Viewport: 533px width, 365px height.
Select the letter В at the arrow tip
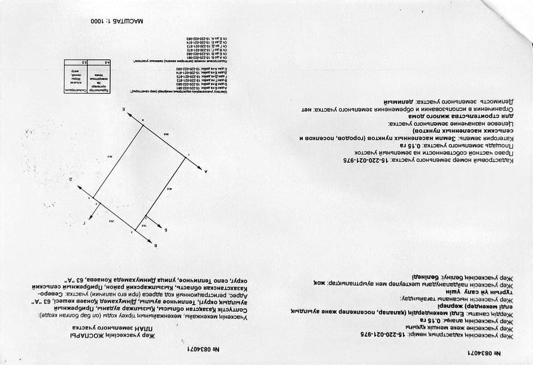[x=156, y=246]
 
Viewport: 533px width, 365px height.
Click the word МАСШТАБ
[x=131, y=22]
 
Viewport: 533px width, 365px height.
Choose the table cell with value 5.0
[x=70, y=63]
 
